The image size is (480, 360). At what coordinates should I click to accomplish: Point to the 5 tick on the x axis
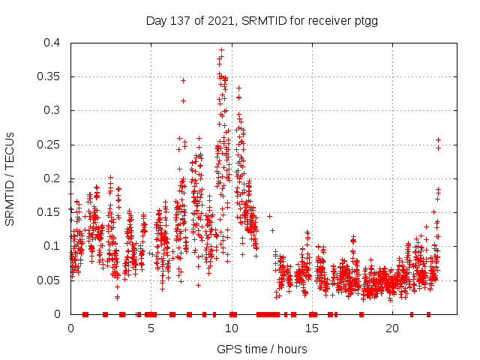pyautogui.click(x=151, y=328)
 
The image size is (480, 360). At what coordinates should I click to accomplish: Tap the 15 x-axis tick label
pyautogui.click(x=312, y=328)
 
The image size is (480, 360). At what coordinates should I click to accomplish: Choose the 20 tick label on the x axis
pyautogui.click(x=392, y=328)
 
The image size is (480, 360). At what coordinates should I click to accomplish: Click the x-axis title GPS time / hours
pyautogui.click(x=262, y=349)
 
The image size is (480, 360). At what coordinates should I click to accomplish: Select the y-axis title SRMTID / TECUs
pyautogui.click(x=10, y=178)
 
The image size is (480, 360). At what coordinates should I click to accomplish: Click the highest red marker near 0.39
pyautogui.click(x=221, y=49)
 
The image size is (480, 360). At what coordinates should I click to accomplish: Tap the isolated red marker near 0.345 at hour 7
pyautogui.click(x=183, y=80)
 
